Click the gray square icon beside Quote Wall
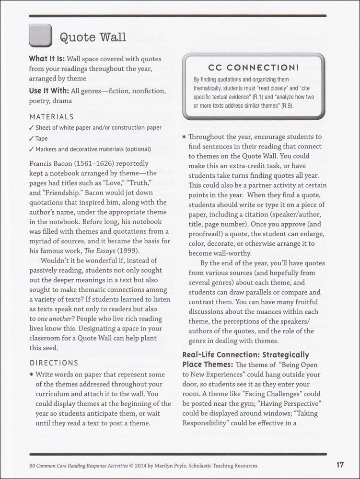(40, 35)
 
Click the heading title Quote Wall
(93, 37)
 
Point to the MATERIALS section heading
(51, 116)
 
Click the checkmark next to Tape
(31, 138)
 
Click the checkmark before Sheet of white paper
(31, 128)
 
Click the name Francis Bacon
(53, 163)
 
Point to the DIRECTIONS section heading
(54, 363)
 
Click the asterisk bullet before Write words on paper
(31, 374)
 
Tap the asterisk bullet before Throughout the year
(184, 137)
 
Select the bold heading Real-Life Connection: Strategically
(245, 355)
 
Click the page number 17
(340, 465)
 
